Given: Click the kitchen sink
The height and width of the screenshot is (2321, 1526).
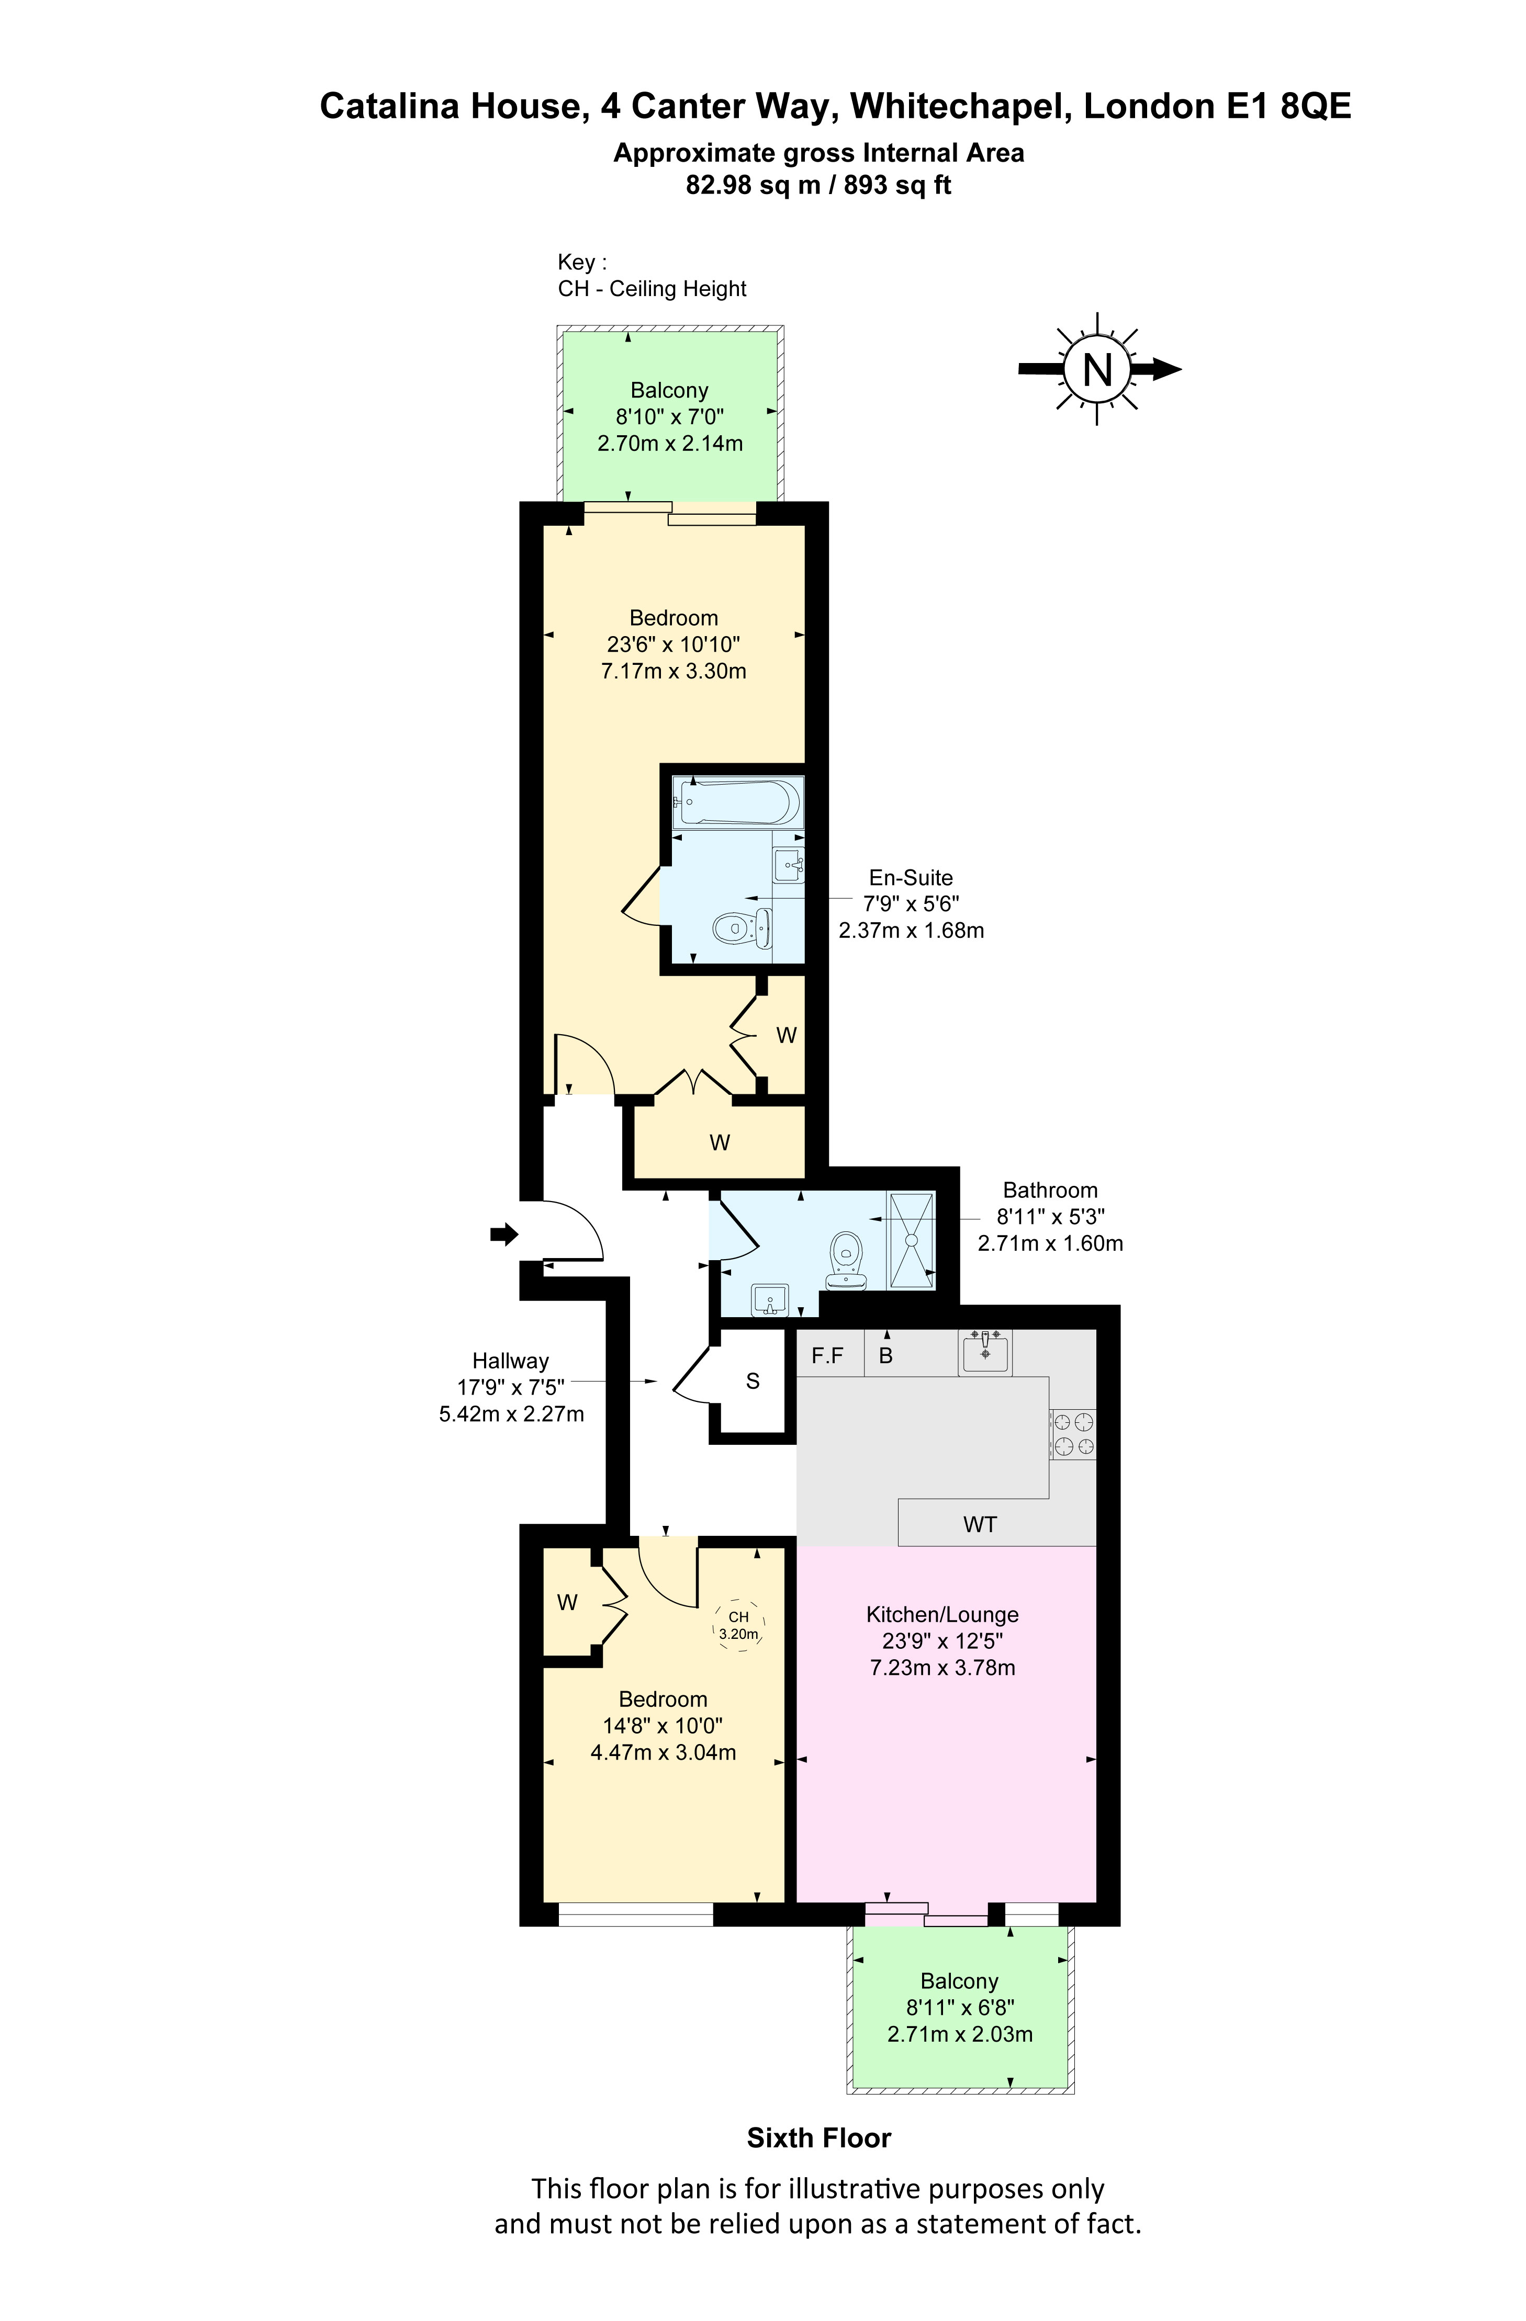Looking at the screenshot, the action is coord(985,1352).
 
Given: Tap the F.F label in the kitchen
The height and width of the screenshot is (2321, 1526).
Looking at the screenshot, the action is coord(827,1354).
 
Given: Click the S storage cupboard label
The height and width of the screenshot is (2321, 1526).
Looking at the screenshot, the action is coord(752,1381).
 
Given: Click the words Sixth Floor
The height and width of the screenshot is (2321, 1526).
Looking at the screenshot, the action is coord(818,2138).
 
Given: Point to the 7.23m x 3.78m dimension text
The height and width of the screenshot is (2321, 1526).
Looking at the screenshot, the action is coord(942,1668).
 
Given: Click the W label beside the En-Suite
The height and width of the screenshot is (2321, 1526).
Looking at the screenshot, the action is coord(787,1036).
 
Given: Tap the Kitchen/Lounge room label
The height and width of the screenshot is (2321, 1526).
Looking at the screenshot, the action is coord(942,1615).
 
